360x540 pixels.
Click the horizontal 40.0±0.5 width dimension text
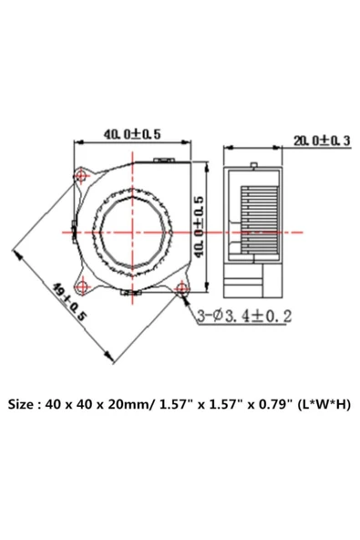point(131,134)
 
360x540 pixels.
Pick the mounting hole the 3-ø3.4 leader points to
point(182,290)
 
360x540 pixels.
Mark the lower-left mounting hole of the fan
point(85,289)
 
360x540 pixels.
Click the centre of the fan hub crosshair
point(134,231)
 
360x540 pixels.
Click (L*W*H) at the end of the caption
point(322,403)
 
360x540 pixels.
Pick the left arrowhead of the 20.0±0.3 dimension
point(228,147)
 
